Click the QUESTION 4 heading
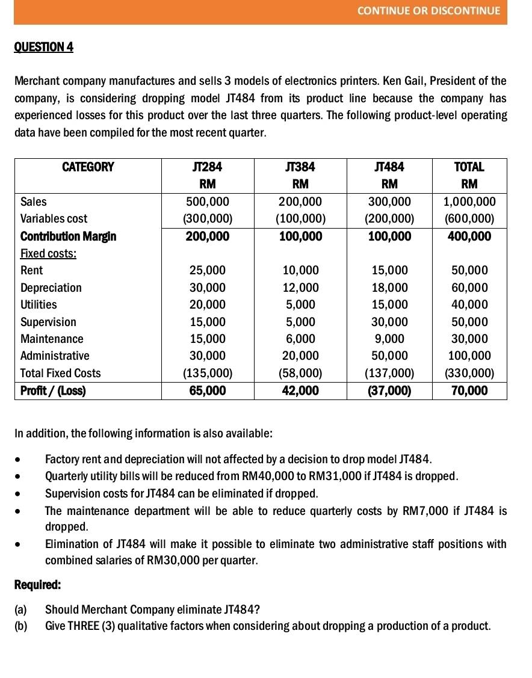coord(43,47)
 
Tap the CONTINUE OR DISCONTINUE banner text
coord(428,11)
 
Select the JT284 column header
coord(208,167)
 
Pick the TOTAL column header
coord(469,167)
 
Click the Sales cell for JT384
coord(300,202)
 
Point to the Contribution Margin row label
coord(68,236)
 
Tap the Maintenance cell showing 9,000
coord(389,339)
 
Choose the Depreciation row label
coord(51,288)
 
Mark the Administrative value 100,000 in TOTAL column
coord(469,356)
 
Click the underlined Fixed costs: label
coord(48,253)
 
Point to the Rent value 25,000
coord(208,270)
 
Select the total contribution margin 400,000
coord(469,236)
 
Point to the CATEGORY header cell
coord(88,167)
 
